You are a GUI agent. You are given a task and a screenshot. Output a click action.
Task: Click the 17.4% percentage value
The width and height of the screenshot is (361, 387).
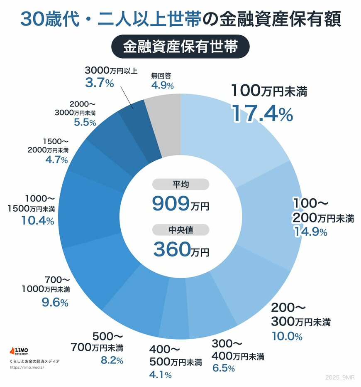[262, 113]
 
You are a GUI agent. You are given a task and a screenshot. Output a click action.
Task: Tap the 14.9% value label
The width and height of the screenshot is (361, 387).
[310, 232]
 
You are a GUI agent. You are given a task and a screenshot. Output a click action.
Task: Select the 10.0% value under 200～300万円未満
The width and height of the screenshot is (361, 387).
[287, 336]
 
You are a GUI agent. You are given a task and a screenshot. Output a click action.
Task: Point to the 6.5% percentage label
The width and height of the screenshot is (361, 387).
[223, 368]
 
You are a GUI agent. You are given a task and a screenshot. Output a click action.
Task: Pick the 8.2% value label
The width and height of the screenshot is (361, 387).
[112, 360]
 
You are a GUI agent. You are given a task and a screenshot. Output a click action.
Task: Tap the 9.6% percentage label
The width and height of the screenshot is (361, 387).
[55, 303]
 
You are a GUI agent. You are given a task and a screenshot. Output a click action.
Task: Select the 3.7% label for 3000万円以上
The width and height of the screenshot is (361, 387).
[99, 83]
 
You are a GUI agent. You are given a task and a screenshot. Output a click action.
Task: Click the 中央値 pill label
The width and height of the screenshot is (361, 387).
[180, 230]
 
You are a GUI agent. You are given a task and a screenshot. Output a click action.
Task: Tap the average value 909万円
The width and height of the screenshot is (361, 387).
[180, 203]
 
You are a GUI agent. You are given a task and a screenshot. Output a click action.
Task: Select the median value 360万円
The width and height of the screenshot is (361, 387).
[180, 249]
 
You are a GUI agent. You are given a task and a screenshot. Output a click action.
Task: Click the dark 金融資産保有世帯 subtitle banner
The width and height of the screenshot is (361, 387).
[180, 47]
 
